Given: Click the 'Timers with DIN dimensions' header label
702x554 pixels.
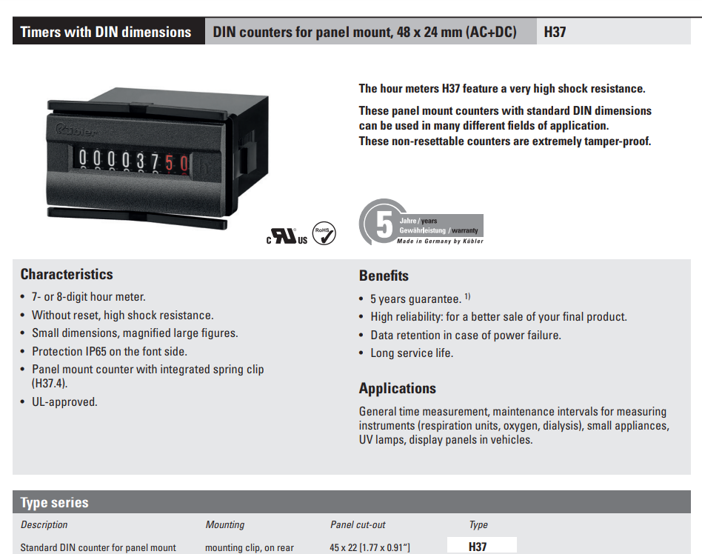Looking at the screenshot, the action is coord(106,32).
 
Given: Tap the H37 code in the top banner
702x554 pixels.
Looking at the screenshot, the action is coord(555,32).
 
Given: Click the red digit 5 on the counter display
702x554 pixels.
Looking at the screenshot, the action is coord(170,163).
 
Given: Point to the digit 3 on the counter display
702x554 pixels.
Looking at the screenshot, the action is coord(141,160).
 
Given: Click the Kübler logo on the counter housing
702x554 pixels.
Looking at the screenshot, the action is coord(76,130).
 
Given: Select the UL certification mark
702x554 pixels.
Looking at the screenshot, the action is coord(287,236).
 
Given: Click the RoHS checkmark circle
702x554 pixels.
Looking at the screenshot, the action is coord(324,233).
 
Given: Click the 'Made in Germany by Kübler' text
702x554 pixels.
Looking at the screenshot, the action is coord(440,241).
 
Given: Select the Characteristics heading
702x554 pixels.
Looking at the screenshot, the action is coord(67,274).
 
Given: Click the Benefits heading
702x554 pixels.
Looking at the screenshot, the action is coord(384,276).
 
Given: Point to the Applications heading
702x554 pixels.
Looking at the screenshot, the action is coord(397,388).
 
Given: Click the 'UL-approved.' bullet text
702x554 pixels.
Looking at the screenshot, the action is coord(64,401).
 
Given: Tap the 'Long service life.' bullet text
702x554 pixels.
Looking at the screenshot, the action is coord(412,353).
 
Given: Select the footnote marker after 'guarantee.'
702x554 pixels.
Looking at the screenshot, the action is coord(467,296).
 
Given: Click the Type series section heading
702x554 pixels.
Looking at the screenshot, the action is coord(54,502).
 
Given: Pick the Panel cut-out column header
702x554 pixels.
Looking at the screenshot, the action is coord(358,524).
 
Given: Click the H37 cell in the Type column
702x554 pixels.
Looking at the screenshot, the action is coord(477,547).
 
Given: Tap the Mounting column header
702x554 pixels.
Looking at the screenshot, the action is coord(225,524).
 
